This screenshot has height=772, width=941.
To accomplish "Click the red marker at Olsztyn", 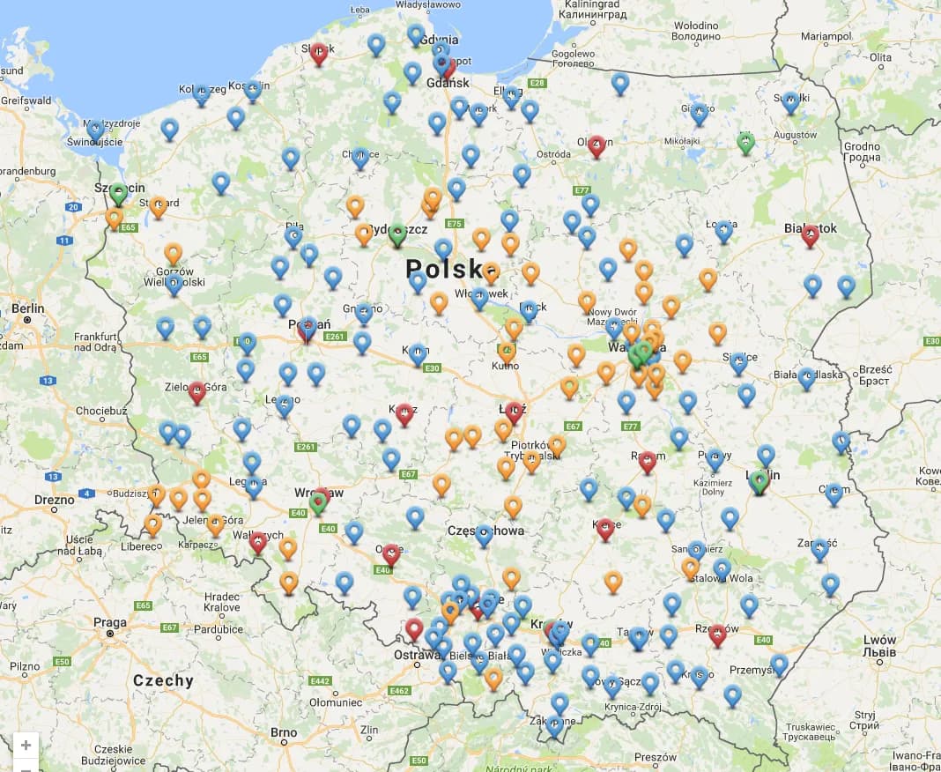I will [x=596, y=145].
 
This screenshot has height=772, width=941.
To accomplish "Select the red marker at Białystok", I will [x=810, y=235].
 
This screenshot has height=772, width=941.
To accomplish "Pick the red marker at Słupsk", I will [x=319, y=54].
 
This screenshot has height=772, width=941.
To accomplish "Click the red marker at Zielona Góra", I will [x=197, y=392].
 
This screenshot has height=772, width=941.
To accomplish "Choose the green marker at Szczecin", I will [x=118, y=194].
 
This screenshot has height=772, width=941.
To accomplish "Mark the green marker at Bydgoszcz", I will [x=397, y=234].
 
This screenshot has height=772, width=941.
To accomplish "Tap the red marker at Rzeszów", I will [x=717, y=635].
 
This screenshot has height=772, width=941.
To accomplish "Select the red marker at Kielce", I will [x=604, y=529].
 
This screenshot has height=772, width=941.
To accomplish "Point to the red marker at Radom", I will [x=648, y=462].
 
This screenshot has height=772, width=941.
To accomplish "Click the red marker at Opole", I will [x=391, y=553].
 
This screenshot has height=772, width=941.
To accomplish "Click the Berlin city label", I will [x=28, y=309].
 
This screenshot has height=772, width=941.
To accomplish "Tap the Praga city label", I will [x=110, y=622].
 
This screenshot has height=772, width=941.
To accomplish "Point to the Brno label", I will [x=284, y=732].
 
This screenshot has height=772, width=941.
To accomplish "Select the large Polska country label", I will [x=452, y=268].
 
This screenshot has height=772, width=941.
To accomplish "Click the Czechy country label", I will [x=163, y=680].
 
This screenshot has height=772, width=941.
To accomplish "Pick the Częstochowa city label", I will [x=485, y=531].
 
